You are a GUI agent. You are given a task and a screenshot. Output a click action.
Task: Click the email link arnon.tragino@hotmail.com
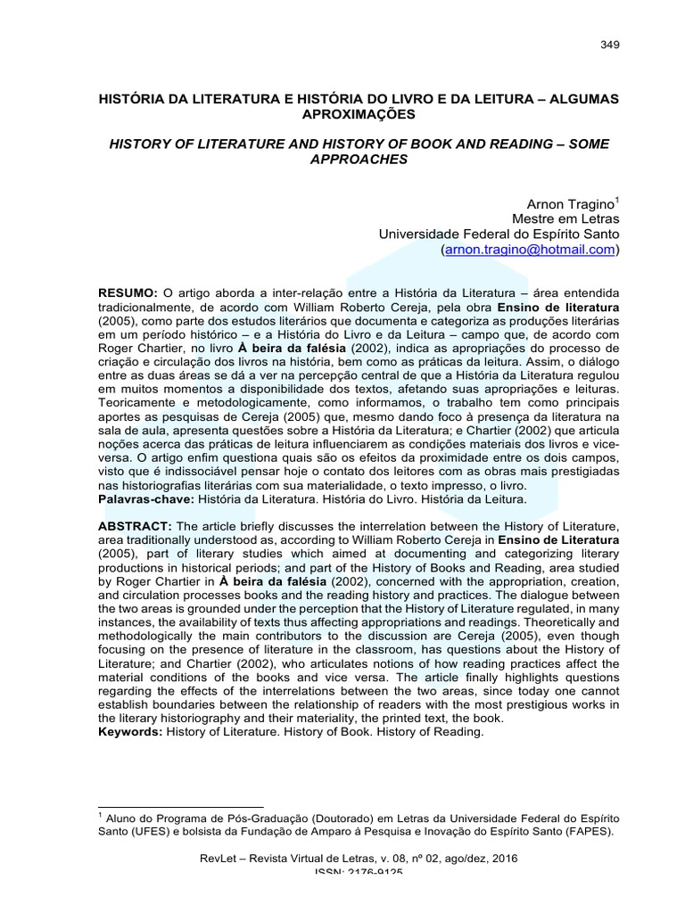click(530, 251)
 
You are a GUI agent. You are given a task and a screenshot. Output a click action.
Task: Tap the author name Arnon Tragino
click(566, 204)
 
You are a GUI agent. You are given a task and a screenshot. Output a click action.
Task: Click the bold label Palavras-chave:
click(145, 499)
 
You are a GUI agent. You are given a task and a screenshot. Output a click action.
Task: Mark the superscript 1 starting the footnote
click(101, 813)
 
